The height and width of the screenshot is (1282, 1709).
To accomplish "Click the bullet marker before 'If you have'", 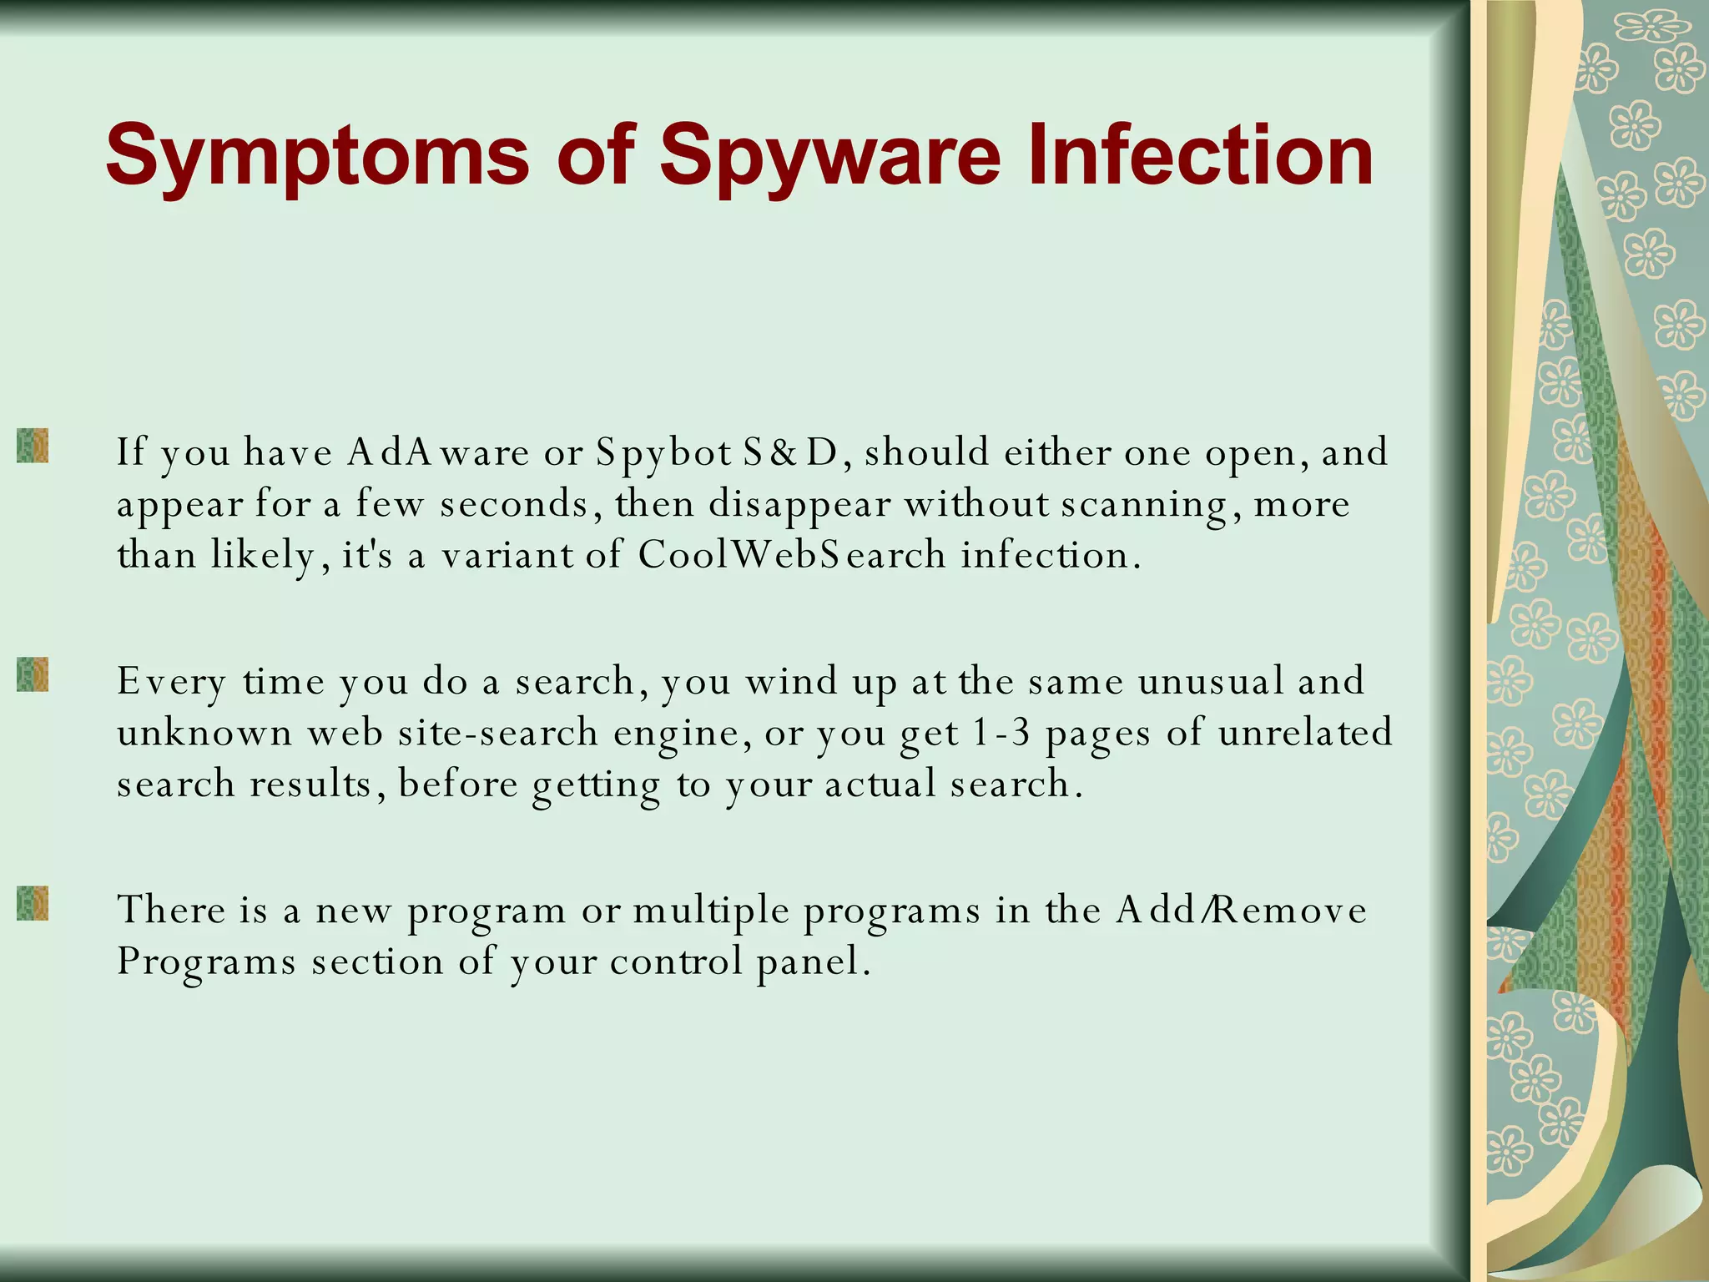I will (x=33, y=446).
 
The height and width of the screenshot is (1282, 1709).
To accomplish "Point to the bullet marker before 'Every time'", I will (x=33, y=674).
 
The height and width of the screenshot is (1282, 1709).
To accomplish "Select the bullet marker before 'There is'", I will (x=33, y=903).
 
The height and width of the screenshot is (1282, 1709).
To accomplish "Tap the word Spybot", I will (x=663, y=453).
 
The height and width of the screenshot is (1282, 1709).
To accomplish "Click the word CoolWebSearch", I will (x=792, y=555).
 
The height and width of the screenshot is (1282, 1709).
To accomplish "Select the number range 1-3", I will (x=1001, y=734).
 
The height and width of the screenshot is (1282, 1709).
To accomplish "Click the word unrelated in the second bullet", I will (x=1305, y=734).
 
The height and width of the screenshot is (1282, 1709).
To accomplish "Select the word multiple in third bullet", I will (x=711, y=911).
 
